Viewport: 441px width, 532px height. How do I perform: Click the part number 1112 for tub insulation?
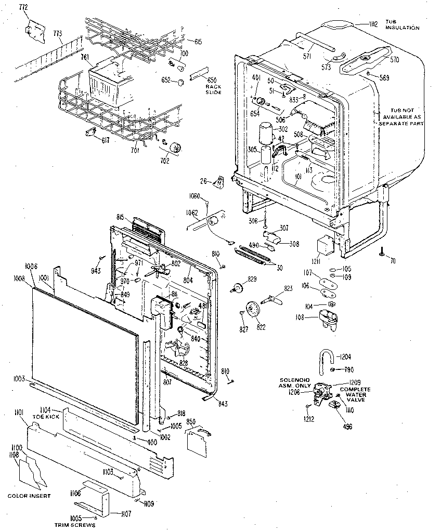tap(373, 23)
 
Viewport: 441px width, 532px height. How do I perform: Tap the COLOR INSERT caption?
tap(29, 496)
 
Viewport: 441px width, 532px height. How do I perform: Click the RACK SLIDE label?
tap(213, 89)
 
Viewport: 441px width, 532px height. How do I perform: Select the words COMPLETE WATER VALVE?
tap(355, 394)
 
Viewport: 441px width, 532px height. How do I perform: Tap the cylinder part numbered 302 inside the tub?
tap(267, 132)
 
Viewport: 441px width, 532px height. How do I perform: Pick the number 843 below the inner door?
tap(223, 404)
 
